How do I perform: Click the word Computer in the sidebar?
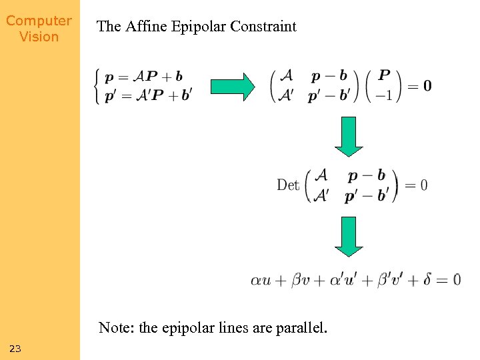tap(39, 21)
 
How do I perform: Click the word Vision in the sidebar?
tap(39, 37)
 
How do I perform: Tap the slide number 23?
tap(16, 349)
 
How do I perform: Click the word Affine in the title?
tap(143, 27)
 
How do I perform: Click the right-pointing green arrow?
tap(233, 85)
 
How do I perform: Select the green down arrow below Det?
tap(349, 236)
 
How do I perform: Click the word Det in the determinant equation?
tap(288, 185)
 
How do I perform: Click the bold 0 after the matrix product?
tap(427, 85)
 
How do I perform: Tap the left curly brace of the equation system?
tap(100, 85)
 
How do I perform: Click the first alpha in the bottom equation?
tap(257, 280)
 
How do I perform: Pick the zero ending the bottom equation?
tap(456, 279)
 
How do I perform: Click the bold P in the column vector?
tap(385, 75)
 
